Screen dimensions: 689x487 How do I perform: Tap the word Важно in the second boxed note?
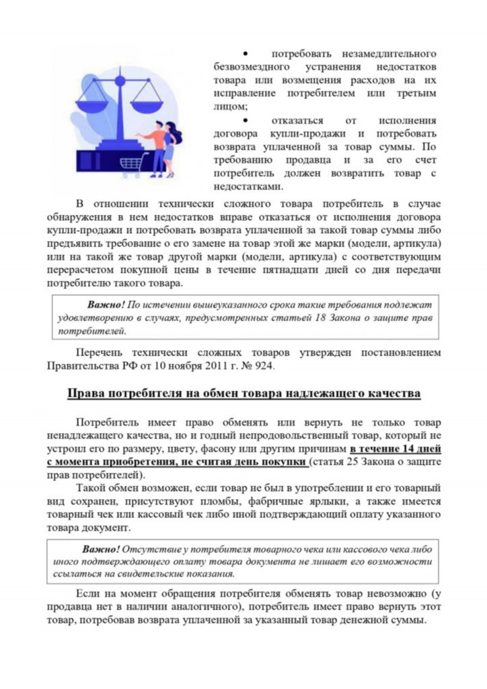[102, 548]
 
